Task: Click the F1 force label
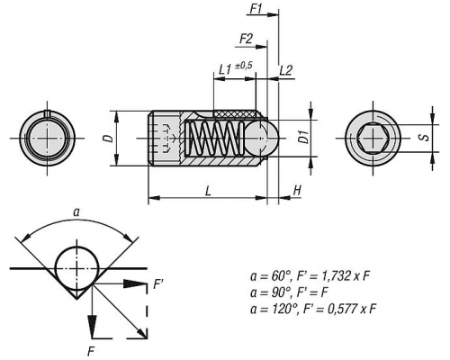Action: pyautogui.click(x=256, y=9)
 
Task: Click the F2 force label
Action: pyautogui.click(x=246, y=40)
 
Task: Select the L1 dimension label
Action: pyautogui.click(x=225, y=70)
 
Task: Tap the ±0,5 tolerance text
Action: pyautogui.click(x=243, y=66)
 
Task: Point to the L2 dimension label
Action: pyautogui.click(x=285, y=71)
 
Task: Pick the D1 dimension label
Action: pyautogui.click(x=304, y=137)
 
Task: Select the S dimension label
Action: pyautogui.click(x=425, y=138)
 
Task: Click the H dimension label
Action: pyautogui.click(x=297, y=190)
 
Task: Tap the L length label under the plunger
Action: pyautogui.click(x=208, y=191)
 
